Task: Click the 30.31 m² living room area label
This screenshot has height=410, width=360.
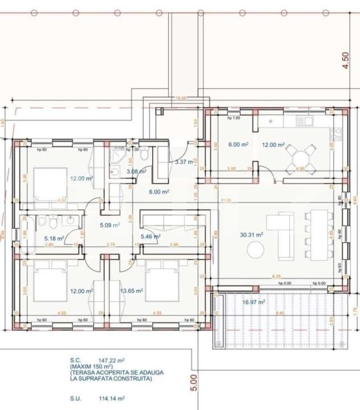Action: [251, 235]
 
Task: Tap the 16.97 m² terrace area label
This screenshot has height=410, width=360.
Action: [254, 302]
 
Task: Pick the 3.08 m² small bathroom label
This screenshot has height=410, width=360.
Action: [137, 171]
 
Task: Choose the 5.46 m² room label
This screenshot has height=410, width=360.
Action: [150, 236]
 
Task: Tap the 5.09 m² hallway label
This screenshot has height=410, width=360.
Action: [108, 225]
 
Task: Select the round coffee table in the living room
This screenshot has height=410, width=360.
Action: [255, 249]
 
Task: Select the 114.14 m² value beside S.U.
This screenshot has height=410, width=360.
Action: [112, 399]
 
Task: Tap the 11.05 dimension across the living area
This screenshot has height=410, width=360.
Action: [226, 200]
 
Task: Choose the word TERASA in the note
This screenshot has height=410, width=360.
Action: [83, 372]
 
